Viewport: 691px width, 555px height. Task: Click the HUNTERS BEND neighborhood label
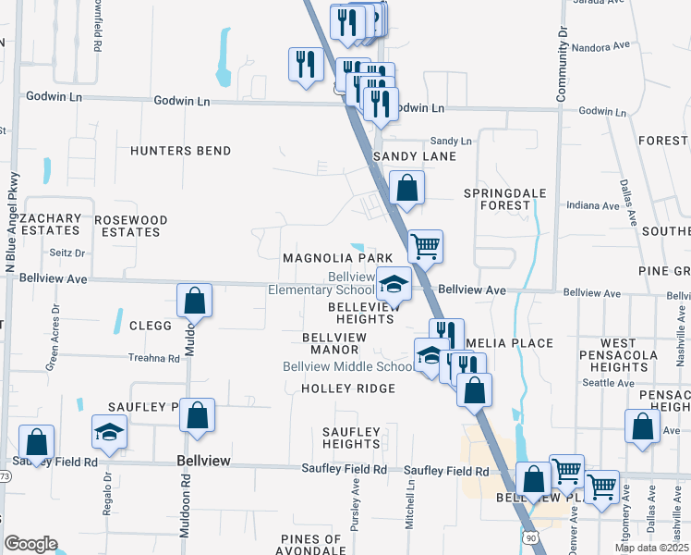click(180, 151)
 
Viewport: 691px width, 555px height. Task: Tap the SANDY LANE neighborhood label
click(415, 156)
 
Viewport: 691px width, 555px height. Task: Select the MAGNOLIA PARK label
click(338, 258)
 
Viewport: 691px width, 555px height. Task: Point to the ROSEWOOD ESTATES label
click(131, 227)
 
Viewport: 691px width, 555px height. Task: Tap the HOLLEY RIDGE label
click(348, 388)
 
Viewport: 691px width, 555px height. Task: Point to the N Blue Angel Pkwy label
click(13, 217)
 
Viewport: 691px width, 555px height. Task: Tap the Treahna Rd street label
click(153, 358)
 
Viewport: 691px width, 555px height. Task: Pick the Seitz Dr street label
click(66, 253)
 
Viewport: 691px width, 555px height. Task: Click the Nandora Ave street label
click(600, 47)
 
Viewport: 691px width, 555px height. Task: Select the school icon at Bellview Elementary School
click(394, 283)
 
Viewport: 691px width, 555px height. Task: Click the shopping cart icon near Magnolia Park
click(425, 246)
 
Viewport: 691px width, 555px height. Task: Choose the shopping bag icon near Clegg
click(194, 300)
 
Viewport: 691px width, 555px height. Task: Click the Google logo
click(30, 544)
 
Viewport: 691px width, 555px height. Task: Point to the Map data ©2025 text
click(650, 548)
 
